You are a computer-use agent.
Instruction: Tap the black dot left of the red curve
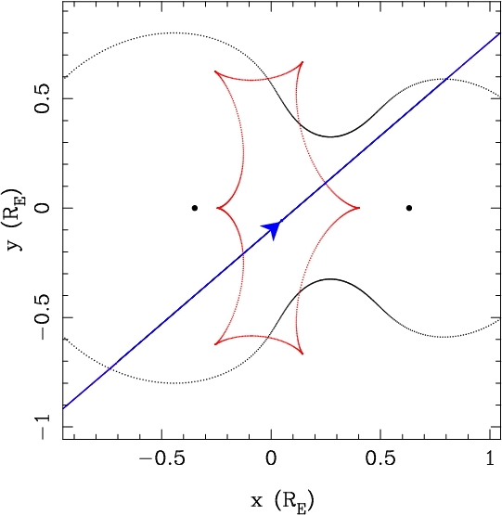tap(195, 208)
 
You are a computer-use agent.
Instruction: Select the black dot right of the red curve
tap(409, 208)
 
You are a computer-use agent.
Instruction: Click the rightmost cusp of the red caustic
tap(359, 208)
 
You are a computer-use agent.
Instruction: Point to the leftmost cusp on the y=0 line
tap(217, 208)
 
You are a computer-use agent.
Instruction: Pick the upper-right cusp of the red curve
tap(302, 62)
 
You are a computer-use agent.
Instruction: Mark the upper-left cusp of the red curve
tap(215, 71)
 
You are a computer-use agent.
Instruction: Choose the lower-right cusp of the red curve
tap(302, 354)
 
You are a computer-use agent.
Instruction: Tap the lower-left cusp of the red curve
tap(215, 344)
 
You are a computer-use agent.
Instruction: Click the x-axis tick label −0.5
tap(162, 457)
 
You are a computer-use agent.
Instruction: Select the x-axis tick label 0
tap(271, 457)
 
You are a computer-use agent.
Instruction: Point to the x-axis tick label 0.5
tap(380, 457)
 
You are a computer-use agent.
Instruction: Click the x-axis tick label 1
tap(490, 457)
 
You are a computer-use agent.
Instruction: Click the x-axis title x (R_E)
tap(282, 501)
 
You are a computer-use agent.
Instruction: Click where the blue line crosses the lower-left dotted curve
tap(111, 367)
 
